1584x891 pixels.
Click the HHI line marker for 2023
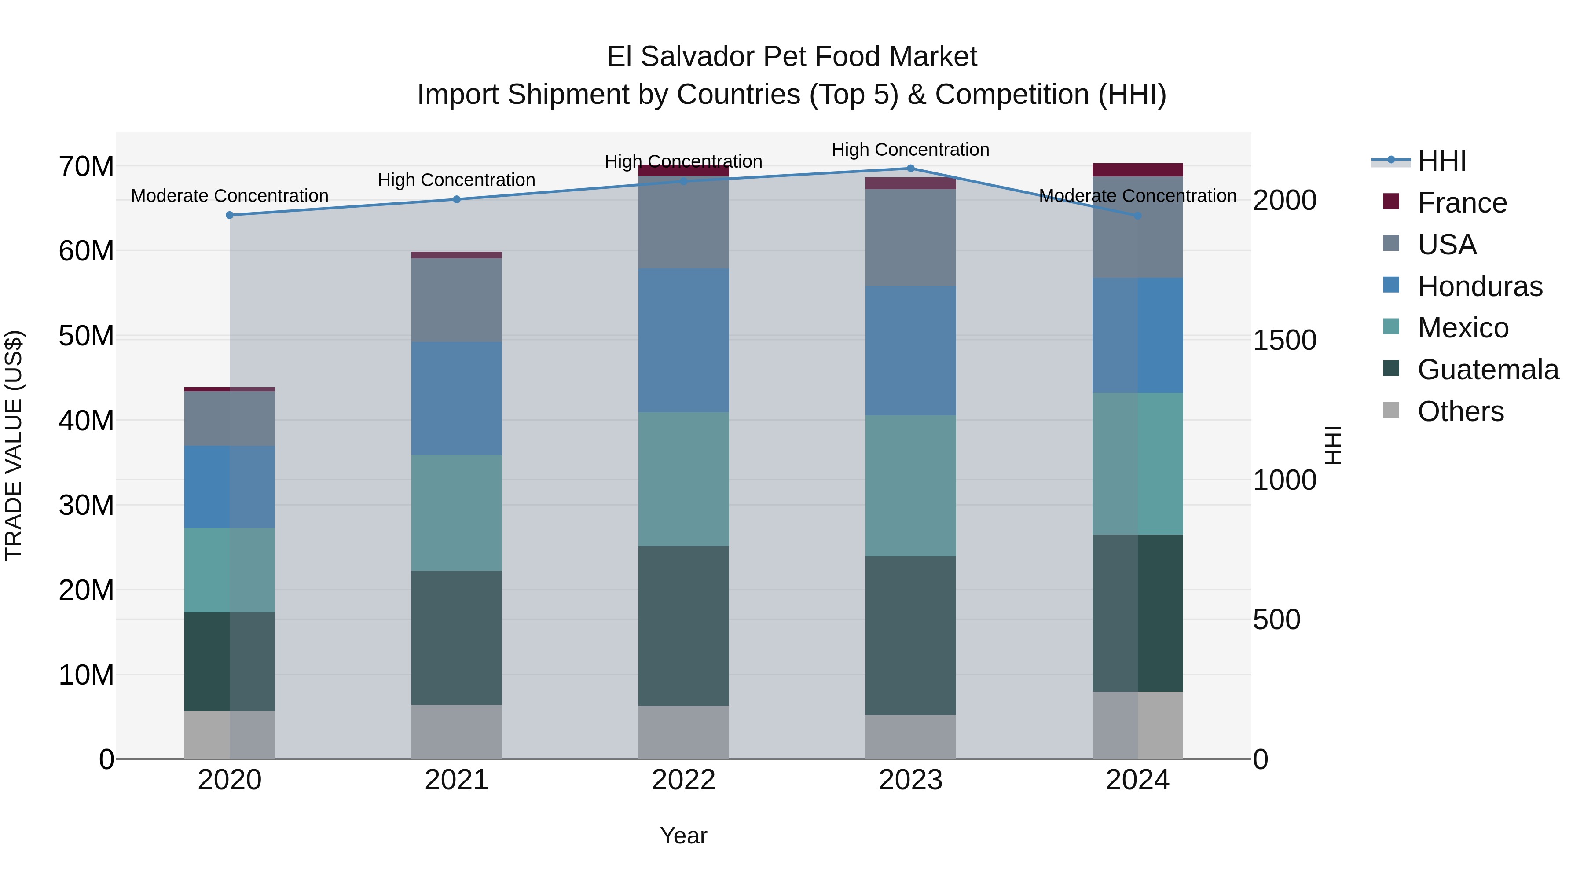(x=910, y=169)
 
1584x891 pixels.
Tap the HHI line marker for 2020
(x=229, y=215)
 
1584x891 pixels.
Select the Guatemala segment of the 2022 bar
(x=683, y=625)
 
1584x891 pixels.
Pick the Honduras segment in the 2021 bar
(x=456, y=399)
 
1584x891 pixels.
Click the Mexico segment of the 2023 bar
(x=910, y=485)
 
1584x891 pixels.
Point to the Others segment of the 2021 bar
(x=456, y=731)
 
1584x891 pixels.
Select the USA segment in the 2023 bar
(x=910, y=237)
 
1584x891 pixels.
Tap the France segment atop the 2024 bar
(x=1137, y=170)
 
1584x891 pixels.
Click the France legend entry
(x=1462, y=203)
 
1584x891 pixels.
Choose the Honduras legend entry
(x=1479, y=286)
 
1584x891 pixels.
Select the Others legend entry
(x=1460, y=411)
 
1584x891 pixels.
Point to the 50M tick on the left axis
(x=86, y=336)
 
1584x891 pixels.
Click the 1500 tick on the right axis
(x=1284, y=340)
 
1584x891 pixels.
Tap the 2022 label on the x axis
(x=683, y=780)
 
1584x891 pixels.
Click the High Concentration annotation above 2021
(x=456, y=180)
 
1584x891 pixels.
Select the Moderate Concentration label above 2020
(x=229, y=196)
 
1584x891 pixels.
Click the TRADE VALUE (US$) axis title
(x=14, y=445)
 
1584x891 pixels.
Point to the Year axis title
(x=683, y=836)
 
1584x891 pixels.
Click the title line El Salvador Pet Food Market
(x=792, y=57)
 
